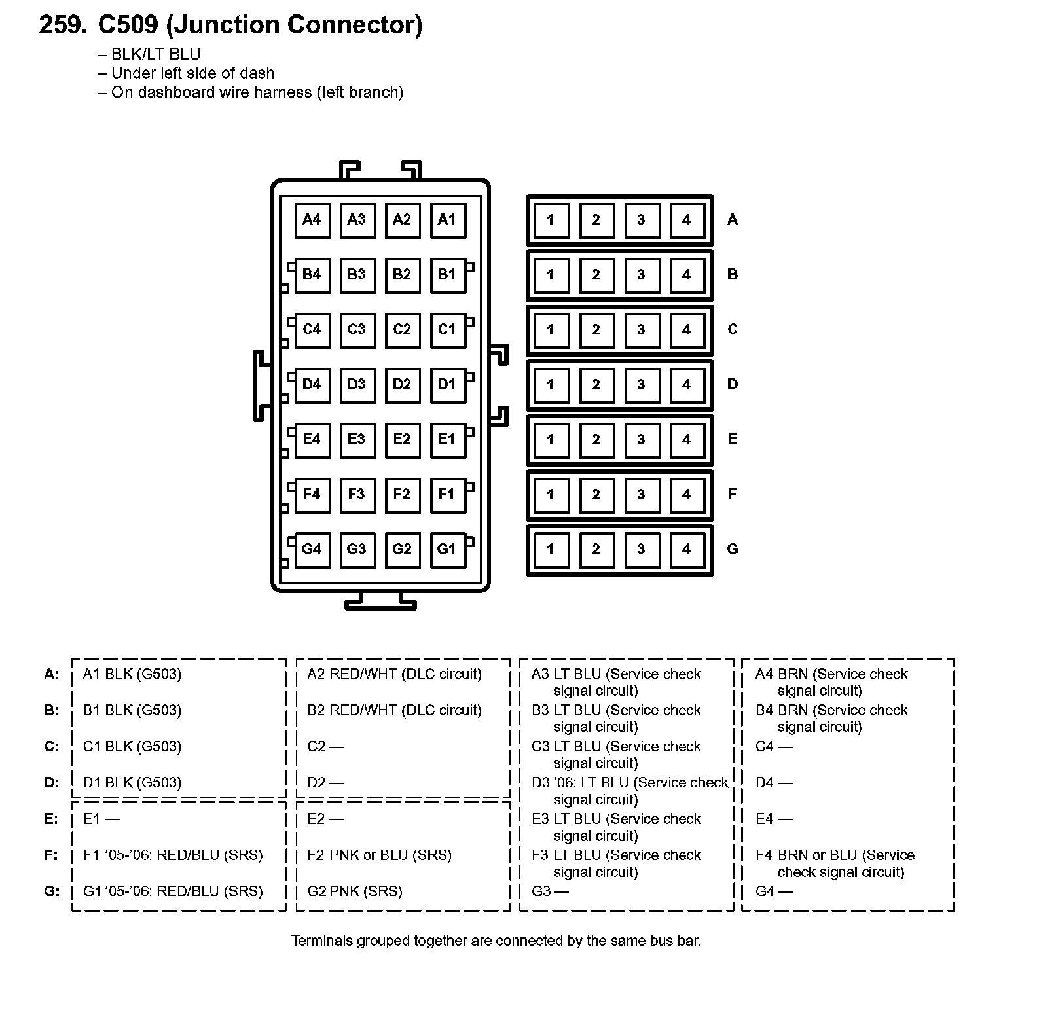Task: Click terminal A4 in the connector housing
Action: pyautogui.click(x=312, y=220)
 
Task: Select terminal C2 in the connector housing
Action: pyautogui.click(x=402, y=329)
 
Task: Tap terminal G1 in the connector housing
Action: pyautogui.click(x=446, y=549)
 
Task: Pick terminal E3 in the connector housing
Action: pyautogui.click(x=357, y=439)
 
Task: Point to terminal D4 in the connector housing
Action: pyautogui.click(x=312, y=384)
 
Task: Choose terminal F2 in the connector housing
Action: pyautogui.click(x=402, y=494)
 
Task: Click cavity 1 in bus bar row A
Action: pyautogui.click(x=551, y=220)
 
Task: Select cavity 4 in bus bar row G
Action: pyautogui.click(x=687, y=549)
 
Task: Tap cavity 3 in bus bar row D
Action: pyautogui.click(x=641, y=384)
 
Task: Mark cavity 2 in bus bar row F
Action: pyautogui.click(x=596, y=494)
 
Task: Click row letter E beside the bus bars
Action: pyautogui.click(x=733, y=439)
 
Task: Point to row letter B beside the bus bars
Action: pyautogui.click(x=733, y=274)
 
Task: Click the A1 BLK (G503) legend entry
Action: pyautogui.click(x=132, y=674)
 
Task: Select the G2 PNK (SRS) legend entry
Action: pyautogui.click(x=354, y=891)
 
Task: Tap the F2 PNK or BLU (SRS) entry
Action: pyautogui.click(x=379, y=855)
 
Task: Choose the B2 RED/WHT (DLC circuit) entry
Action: pyautogui.click(x=394, y=710)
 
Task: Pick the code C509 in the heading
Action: pyautogui.click(x=128, y=26)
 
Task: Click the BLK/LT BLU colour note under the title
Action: pyautogui.click(x=155, y=54)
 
